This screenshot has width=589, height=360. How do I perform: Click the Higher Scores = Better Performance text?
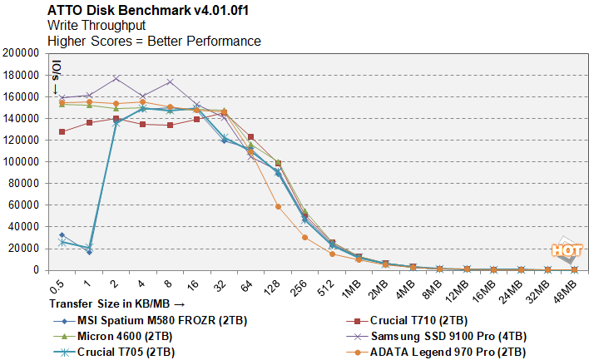click(x=154, y=41)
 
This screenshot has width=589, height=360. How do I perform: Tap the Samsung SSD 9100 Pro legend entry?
click(x=444, y=336)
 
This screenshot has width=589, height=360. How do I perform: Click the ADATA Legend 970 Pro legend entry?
click(x=442, y=352)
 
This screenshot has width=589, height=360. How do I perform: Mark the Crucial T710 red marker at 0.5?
click(x=62, y=131)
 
